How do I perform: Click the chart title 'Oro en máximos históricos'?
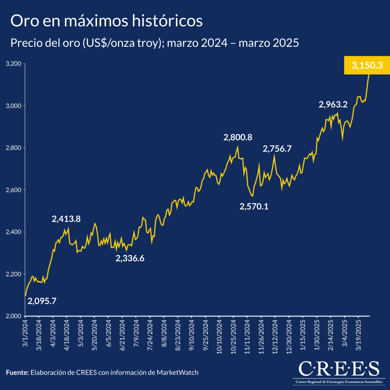[107, 21]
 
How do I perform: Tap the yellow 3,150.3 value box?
[367, 65]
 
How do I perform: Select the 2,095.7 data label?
[42, 301]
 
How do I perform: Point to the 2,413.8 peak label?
[66, 219]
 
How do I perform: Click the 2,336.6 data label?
[130, 258]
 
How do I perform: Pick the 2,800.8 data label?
[238, 137]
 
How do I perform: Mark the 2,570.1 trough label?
[254, 206]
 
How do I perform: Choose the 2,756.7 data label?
[277, 149]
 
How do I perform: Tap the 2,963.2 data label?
[333, 105]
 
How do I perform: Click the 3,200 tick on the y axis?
[14, 64]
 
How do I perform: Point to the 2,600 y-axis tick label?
[14, 190]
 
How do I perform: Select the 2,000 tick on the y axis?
[14, 316]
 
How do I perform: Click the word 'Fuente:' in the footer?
[18, 372]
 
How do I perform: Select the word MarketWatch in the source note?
[177, 372]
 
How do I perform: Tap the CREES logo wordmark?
[339, 369]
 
